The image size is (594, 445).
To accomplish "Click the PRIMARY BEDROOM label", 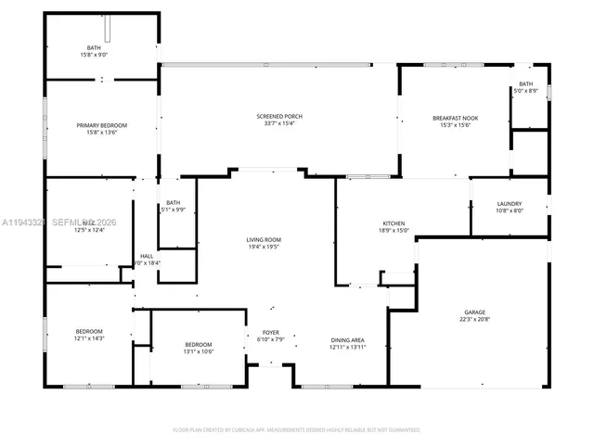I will [x=101, y=125].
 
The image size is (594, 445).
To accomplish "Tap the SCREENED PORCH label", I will [x=279, y=116].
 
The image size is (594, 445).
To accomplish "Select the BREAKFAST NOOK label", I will [x=455, y=118].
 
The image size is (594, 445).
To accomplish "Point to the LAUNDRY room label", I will [x=509, y=204].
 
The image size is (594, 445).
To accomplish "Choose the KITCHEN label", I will [x=394, y=223].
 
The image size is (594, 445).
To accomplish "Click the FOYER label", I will [x=270, y=332].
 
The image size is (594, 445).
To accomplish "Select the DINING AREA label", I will [x=347, y=339].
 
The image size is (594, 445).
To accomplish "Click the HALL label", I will [x=147, y=256].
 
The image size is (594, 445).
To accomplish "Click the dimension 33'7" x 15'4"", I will [x=279, y=123].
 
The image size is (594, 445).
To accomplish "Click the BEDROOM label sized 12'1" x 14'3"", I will [x=89, y=331].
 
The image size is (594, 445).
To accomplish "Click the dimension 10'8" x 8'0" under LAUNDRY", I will [x=509, y=211].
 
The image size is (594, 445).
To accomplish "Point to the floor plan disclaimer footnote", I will [x=297, y=430].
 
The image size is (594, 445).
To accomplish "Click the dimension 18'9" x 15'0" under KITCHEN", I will [x=394, y=231].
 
